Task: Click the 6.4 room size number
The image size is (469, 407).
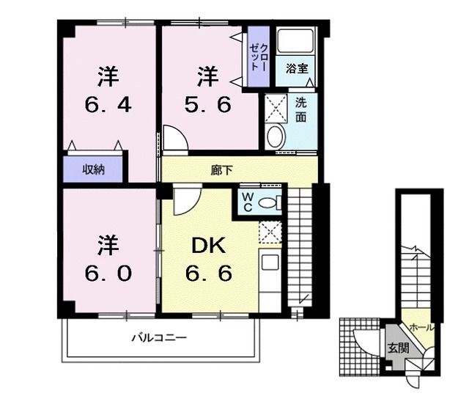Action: [108, 106]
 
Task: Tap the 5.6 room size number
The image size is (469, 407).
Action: [208, 106]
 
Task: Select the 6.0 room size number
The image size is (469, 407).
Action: [108, 274]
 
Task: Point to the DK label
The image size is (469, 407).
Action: [208, 246]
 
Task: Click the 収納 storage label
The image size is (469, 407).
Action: [93, 170]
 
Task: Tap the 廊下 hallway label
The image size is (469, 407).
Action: [221, 170]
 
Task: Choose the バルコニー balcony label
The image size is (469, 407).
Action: [160, 338]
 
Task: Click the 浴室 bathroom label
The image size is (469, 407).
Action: [297, 68]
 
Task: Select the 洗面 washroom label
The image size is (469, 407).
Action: [301, 110]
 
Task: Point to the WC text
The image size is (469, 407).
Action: [247, 202]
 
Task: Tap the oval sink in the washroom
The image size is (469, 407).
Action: [276, 136]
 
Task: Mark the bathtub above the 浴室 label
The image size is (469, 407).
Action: [295, 40]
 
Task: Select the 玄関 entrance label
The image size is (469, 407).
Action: [398, 348]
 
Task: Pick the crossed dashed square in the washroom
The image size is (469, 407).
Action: [276, 108]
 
